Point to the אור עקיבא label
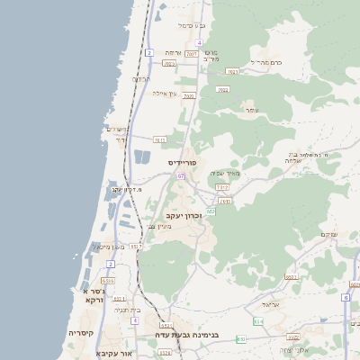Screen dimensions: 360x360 [113, 354]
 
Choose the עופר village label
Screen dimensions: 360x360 [251, 110]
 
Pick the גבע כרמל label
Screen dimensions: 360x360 [193, 25]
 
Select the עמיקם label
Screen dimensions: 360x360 [328, 235]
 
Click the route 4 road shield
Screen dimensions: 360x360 [199, 42]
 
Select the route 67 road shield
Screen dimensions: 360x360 [181, 176]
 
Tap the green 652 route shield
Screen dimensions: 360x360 [211, 211]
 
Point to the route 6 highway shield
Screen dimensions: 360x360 [346, 296]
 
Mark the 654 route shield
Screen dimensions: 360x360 [258, 320]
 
